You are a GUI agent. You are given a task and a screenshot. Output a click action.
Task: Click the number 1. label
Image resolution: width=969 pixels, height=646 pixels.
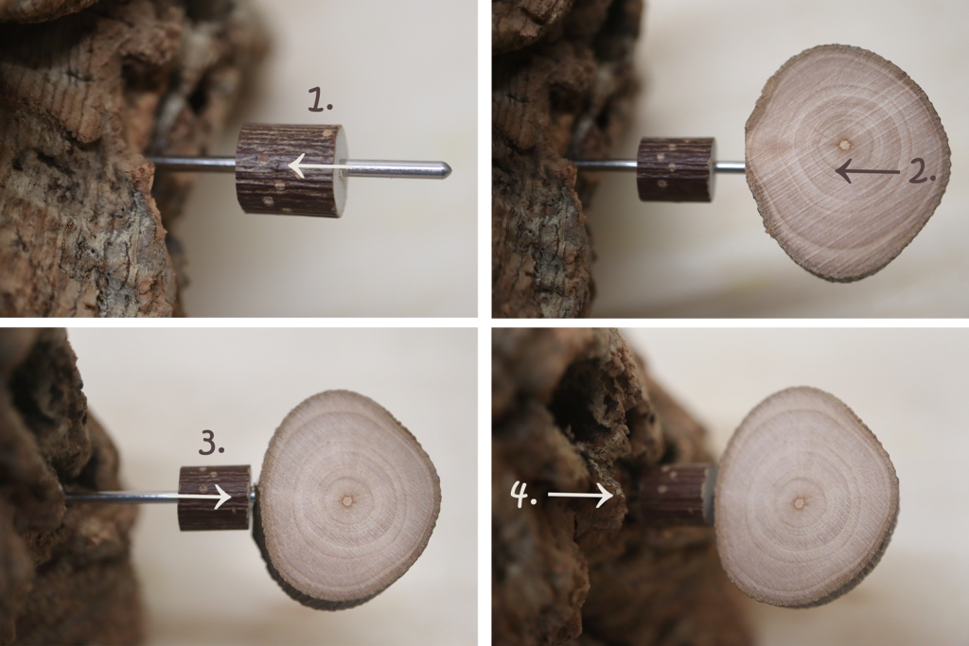(x=321, y=99)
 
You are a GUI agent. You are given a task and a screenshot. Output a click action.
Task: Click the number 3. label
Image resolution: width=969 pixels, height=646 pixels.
(x=212, y=444)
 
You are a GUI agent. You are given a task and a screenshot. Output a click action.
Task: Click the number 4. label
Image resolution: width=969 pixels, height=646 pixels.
(x=523, y=496)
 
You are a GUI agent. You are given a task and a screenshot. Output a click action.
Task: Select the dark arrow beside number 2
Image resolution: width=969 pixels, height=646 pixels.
(x=868, y=171)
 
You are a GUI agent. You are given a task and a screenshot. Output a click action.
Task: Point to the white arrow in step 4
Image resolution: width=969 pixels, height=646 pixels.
(x=580, y=495)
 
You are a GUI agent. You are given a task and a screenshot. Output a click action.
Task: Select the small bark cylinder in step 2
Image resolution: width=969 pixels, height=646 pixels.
(x=676, y=169)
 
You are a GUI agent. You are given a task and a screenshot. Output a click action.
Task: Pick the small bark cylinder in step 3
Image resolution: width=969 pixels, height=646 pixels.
(x=216, y=498)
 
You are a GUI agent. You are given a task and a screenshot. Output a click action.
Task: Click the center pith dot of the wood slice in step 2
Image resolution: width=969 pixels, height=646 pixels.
(x=843, y=146)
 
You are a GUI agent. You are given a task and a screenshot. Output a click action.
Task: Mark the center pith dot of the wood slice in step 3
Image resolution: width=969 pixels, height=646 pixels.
(x=347, y=500)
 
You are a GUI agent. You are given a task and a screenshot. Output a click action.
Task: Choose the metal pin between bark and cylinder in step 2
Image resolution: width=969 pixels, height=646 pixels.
(x=606, y=164)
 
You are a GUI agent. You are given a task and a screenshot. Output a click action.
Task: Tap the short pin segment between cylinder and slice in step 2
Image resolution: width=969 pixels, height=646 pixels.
(x=730, y=166)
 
